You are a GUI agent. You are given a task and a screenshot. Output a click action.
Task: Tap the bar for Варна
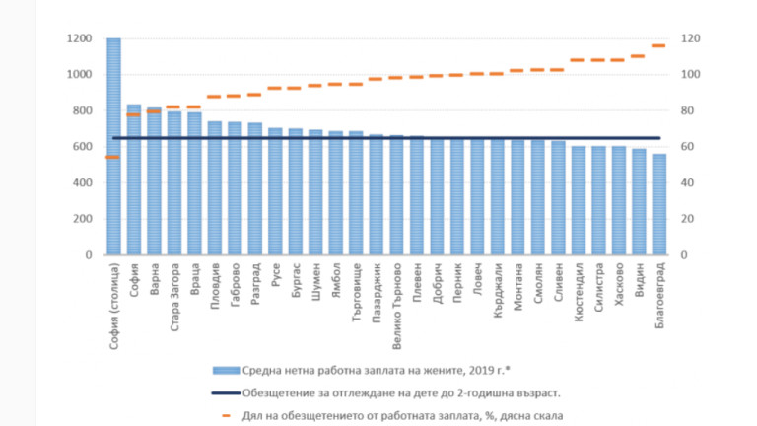pyautogui.click(x=154, y=181)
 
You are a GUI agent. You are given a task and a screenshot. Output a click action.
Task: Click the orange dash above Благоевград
pyautogui.click(x=659, y=45)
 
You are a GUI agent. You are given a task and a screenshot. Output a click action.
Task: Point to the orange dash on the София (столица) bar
pyautogui.click(x=113, y=157)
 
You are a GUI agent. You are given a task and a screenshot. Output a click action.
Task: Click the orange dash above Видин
pyautogui.click(x=639, y=56)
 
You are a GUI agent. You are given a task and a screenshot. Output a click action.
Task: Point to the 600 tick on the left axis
pyautogui.click(x=83, y=147)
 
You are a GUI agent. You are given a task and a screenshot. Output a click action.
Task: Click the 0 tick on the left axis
pyautogui.click(x=89, y=255)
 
